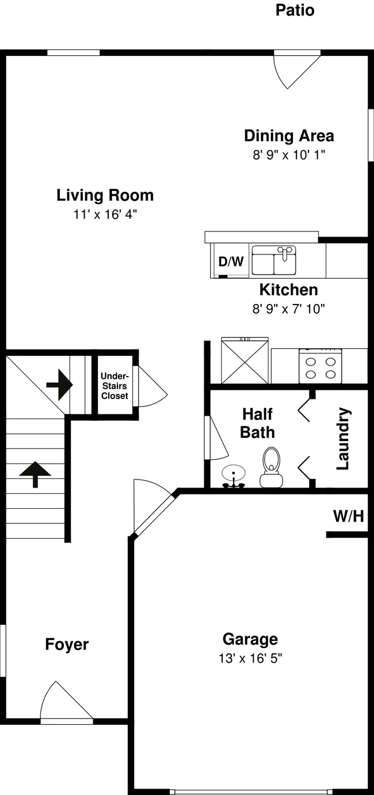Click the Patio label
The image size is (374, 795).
pos(295,10)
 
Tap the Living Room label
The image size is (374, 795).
pos(105,195)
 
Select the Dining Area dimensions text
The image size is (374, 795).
pos(289,155)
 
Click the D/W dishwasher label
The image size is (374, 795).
pos(231,262)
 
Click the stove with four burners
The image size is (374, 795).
pos(320,367)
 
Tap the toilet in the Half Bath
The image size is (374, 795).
pos(271,467)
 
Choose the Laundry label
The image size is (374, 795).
pos(343,439)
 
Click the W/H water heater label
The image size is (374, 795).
pos(348,516)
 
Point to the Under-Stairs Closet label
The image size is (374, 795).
pos(115,386)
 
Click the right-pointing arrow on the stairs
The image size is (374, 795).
pos(59,385)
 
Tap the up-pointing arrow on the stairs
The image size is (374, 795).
pos(35,474)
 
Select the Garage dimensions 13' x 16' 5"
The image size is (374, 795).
pos(250,657)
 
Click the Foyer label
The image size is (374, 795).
pos(67,644)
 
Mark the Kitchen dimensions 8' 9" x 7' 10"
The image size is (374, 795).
pos(288,309)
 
